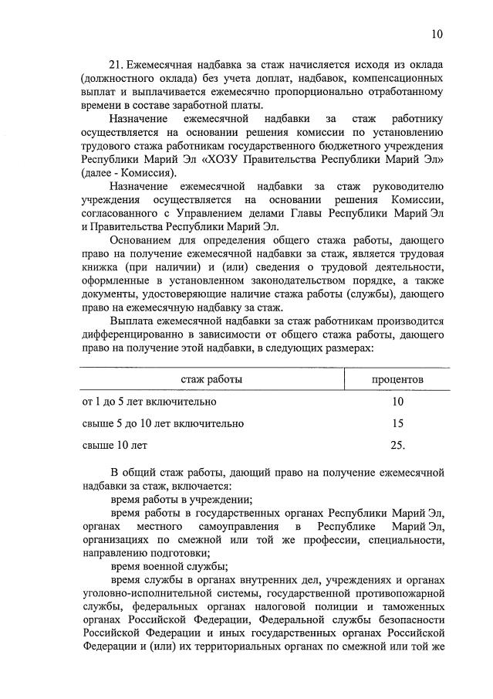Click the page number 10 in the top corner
(x=437, y=34)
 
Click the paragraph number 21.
(x=117, y=66)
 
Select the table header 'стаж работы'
(x=211, y=380)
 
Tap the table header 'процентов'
(x=397, y=380)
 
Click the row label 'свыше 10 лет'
(x=114, y=445)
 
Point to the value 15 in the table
(x=397, y=423)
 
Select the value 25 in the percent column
(x=397, y=445)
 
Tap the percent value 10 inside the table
(x=397, y=402)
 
